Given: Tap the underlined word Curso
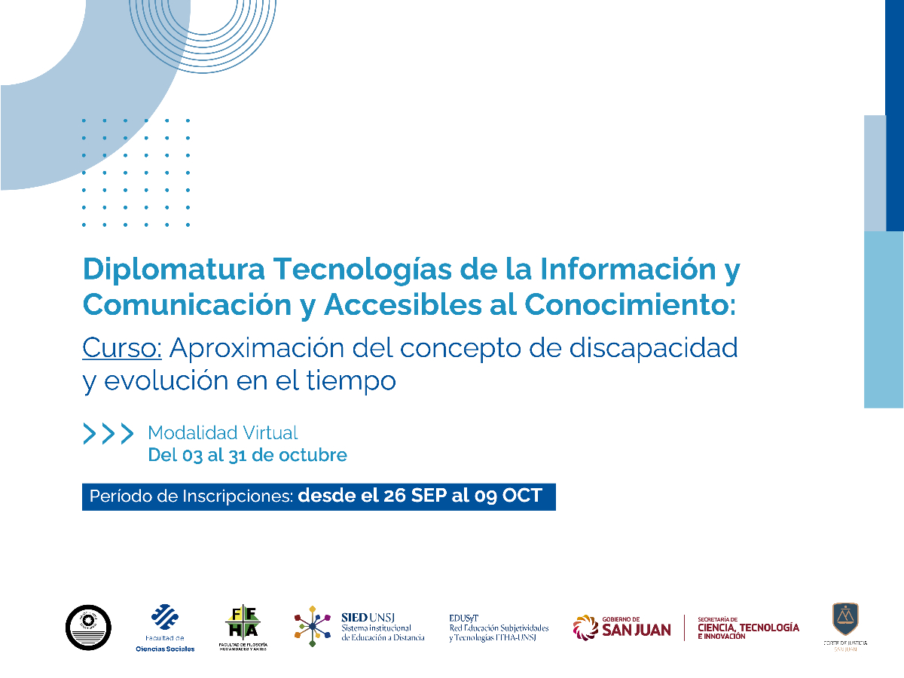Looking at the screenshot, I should tap(121, 348).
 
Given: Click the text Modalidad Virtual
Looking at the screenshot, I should tap(223, 433).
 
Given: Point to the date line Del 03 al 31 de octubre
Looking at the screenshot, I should tap(247, 455).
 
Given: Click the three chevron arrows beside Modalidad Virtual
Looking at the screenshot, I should tap(108, 433).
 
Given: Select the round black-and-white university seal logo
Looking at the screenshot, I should tap(88, 627).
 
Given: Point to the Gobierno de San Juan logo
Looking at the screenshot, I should tap(622, 627).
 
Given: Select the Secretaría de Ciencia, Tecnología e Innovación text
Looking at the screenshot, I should tap(748, 628).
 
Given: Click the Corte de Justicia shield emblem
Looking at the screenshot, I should tap(845, 618).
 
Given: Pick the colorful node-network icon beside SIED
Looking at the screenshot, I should tap(313, 625).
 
